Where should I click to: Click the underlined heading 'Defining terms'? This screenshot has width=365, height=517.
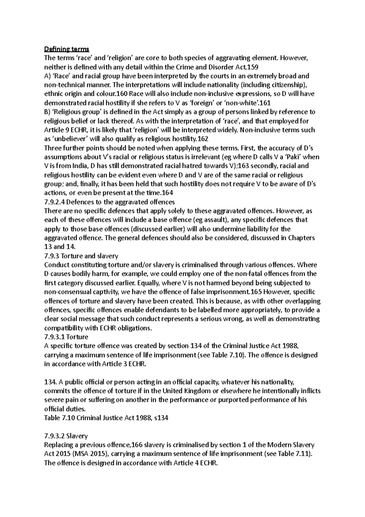pos(67,49)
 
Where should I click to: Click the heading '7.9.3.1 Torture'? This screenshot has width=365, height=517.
pos(66,337)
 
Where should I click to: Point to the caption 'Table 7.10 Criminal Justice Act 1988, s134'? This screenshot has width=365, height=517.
pos(106,418)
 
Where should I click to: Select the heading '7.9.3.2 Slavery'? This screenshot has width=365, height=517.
pos(66,436)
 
